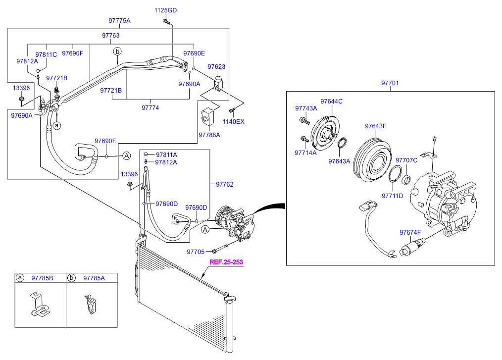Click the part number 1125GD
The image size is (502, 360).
coord(165,10)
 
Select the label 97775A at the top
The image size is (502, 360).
coord(119,21)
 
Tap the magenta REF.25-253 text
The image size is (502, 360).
coord(226,262)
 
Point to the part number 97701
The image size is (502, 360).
coord(390,83)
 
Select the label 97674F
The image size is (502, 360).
coord(410,232)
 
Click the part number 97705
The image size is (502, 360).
coord(196,252)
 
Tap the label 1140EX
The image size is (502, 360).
coord(233,121)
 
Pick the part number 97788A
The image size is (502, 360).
coord(209,135)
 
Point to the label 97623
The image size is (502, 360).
coord(216,66)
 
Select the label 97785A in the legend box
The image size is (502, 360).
coord(94,278)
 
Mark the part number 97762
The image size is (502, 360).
coord(224,185)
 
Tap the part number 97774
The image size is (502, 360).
coord(151,107)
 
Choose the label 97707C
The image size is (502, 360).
coord(406,160)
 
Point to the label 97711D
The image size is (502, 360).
coord(392,196)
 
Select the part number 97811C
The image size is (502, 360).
coord(46,54)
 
